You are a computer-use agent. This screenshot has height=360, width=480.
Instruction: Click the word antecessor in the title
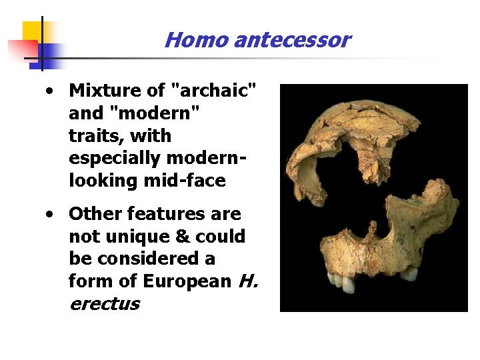pos(291,40)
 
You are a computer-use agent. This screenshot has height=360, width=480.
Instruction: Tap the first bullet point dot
pos(50,90)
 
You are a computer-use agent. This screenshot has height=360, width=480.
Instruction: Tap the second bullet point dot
pos(50,214)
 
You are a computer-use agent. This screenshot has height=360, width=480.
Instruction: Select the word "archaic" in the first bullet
pos(216,89)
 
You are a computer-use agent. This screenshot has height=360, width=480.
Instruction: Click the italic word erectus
pos(104,304)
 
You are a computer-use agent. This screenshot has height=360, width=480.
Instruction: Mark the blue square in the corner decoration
pos(51,53)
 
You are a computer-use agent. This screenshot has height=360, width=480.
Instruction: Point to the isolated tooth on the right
pos(409,273)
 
